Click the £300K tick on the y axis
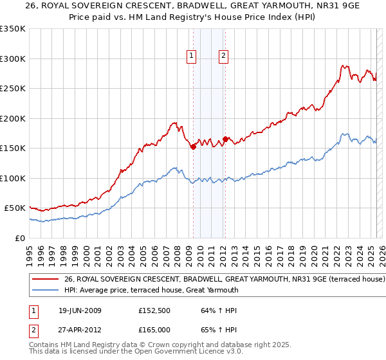(x=12, y=59)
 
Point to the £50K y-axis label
(x=15, y=208)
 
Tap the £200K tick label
(x=12, y=118)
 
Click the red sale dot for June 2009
(x=193, y=147)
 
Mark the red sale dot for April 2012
(x=225, y=139)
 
